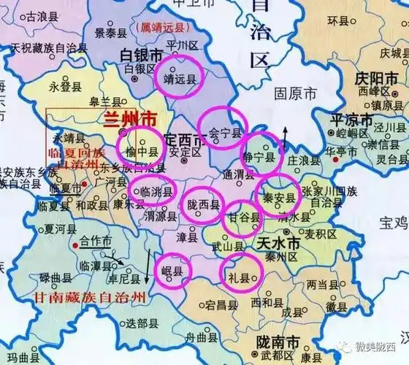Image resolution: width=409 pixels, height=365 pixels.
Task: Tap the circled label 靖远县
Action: point(182,80)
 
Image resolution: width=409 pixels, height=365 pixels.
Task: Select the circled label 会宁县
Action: point(224,134)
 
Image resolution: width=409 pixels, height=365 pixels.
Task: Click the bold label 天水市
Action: point(278,242)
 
